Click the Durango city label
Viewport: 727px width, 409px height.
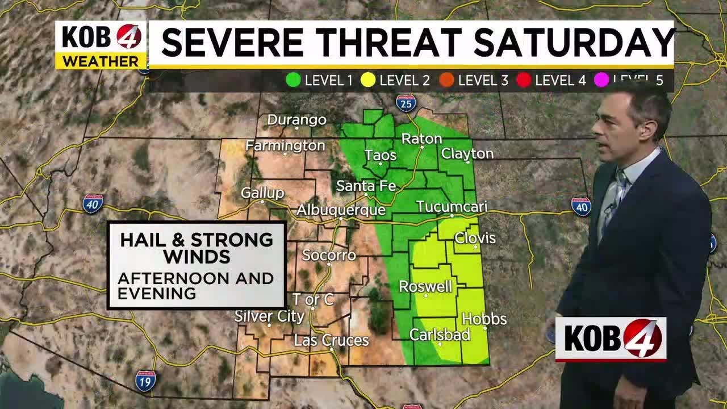(x=296, y=120)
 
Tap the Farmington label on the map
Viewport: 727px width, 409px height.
(x=285, y=146)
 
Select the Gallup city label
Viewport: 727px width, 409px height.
(x=262, y=193)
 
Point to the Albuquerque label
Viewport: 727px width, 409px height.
(x=341, y=210)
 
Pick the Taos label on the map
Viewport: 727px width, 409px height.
(x=380, y=155)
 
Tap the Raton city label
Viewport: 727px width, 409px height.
(x=421, y=139)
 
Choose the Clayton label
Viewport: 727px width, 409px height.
(x=467, y=153)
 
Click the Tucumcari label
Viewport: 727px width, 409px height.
(x=452, y=207)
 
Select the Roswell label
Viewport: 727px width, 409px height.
(x=425, y=286)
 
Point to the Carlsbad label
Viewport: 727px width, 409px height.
(x=440, y=335)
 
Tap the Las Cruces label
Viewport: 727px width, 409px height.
(x=331, y=340)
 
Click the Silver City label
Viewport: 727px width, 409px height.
(x=269, y=316)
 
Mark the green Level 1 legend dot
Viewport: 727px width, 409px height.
(x=293, y=80)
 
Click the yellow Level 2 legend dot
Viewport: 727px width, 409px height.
(x=368, y=80)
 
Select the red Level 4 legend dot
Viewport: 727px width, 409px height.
(x=524, y=80)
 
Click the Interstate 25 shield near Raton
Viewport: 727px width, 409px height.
(x=406, y=103)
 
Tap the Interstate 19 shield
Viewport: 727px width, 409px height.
(x=145, y=379)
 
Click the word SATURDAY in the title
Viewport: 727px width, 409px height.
(x=574, y=43)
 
